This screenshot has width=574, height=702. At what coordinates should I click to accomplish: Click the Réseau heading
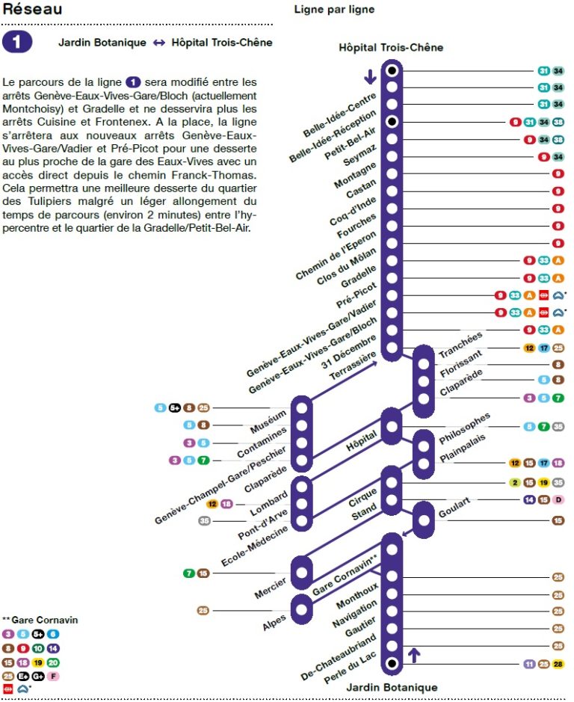coord(31,10)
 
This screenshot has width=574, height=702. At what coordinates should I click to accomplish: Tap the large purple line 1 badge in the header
coord(18,42)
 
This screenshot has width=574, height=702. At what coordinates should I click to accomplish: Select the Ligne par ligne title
coord(334,10)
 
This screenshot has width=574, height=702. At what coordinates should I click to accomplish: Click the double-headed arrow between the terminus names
coord(158,43)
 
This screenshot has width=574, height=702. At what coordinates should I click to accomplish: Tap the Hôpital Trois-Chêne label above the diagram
coord(391,48)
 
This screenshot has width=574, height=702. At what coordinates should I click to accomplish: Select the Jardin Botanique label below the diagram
coord(391,687)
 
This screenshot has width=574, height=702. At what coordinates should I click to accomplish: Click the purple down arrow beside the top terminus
coord(369,77)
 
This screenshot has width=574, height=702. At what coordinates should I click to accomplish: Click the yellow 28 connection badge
coord(558,663)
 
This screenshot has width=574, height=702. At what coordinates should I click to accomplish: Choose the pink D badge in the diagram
coord(558,499)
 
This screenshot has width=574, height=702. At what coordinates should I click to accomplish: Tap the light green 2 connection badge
coord(515,482)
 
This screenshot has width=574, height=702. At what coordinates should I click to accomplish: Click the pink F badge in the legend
coord(53,676)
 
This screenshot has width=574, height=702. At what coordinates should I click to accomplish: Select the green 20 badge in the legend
coord(53,662)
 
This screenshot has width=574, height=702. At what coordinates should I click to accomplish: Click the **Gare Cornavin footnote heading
coord(40,620)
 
